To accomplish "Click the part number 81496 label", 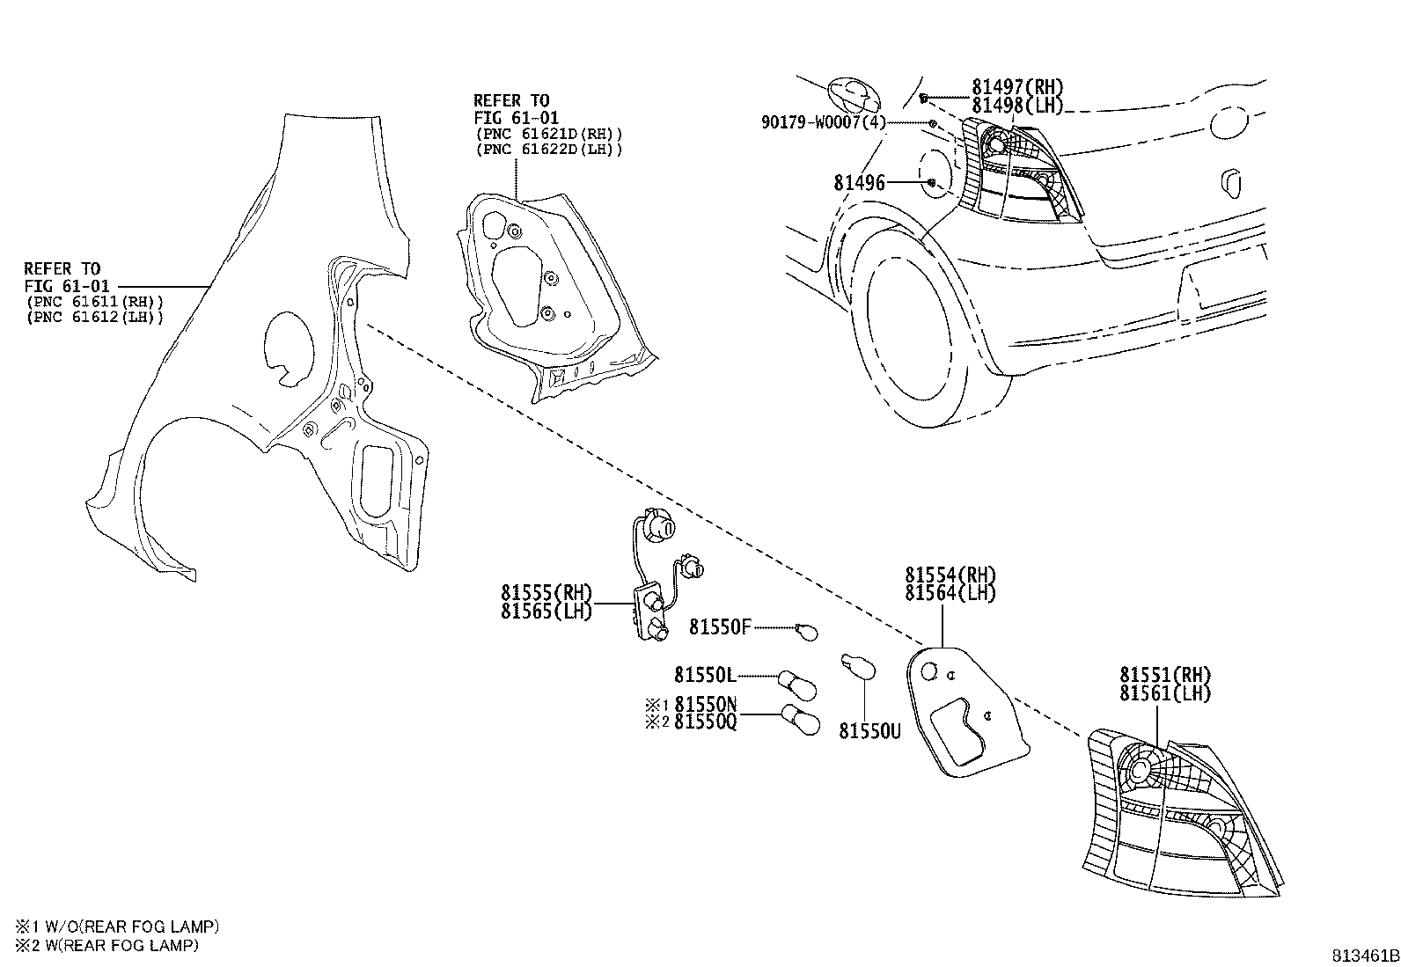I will tap(859, 183).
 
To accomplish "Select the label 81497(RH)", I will tap(1017, 87).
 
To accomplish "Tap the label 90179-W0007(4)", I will tap(823, 122).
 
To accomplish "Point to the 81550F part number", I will tap(720, 627).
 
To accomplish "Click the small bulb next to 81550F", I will tap(807, 630).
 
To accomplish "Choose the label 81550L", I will tap(704, 675).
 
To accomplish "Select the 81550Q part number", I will tap(706, 722).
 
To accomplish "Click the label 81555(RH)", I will tap(546, 593).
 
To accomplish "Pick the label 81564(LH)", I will tap(950, 594).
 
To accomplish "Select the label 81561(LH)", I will tap(1165, 693).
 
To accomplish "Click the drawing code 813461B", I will tap(1363, 956).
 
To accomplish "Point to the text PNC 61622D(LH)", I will tap(548, 150).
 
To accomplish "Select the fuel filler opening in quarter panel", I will tap(287, 347).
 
